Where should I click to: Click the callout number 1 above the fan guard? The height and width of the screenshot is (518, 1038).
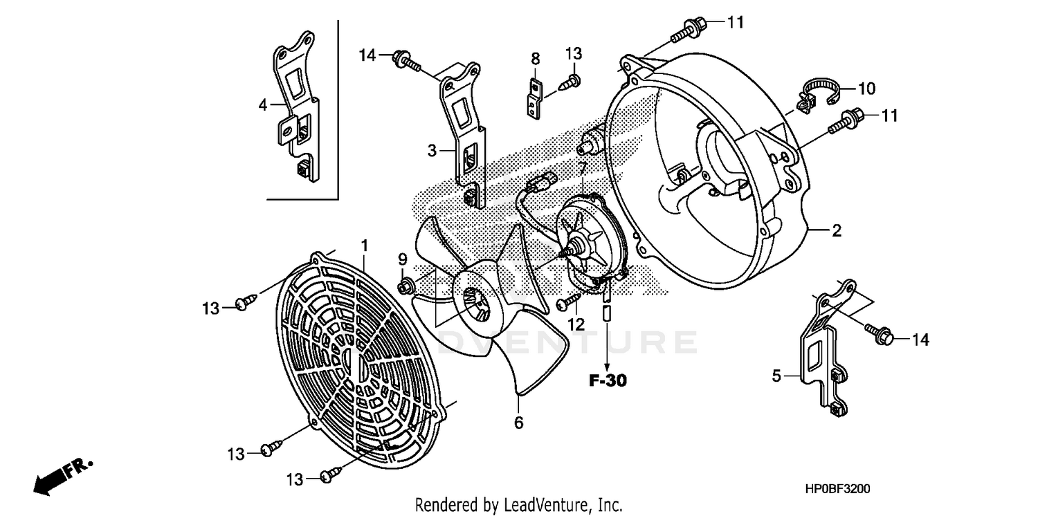click(x=364, y=245)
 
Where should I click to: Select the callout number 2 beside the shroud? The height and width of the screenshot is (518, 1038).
click(x=836, y=231)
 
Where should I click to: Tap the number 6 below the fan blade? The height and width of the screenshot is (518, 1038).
click(x=519, y=422)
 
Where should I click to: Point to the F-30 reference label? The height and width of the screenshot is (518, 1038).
click(x=608, y=380)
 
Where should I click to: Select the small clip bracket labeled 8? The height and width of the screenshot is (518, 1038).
click(x=534, y=98)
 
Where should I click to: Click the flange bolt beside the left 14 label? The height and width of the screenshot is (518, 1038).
click(x=407, y=60)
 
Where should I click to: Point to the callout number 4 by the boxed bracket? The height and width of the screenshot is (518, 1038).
click(x=263, y=105)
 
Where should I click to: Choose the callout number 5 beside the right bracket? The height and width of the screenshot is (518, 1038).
click(x=776, y=376)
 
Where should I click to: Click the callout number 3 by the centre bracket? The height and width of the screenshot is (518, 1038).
click(x=432, y=150)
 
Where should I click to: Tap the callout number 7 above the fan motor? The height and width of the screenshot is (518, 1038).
click(x=583, y=167)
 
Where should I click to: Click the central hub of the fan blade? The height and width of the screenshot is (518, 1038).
click(x=477, y=304)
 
